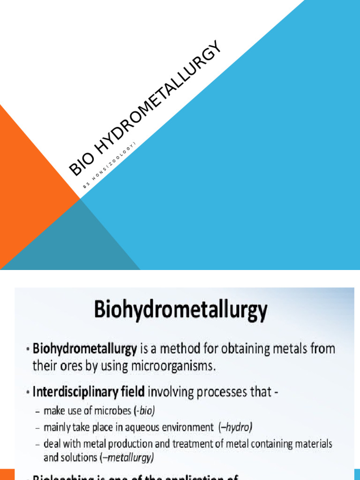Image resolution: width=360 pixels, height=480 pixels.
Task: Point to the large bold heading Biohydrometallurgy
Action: click(x=181, y=310)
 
